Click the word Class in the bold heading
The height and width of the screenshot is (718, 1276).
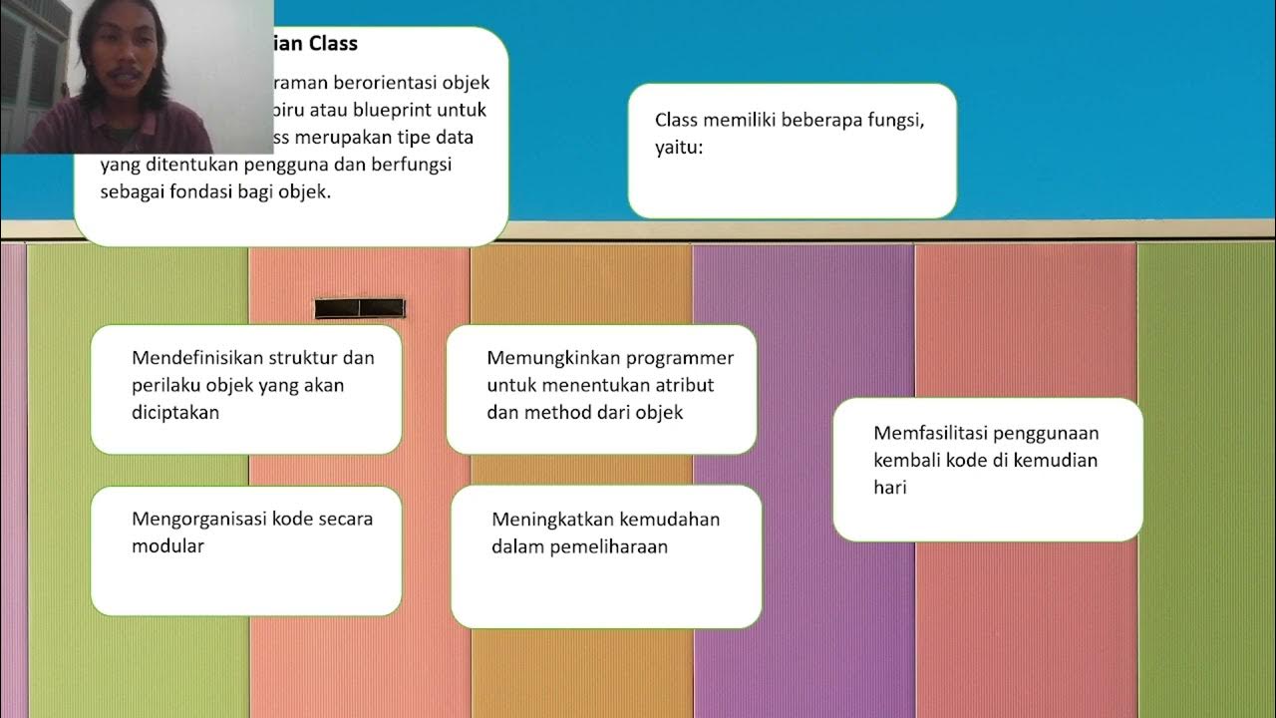[x=333, y=44]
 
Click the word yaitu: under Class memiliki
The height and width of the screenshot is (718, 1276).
[x=680, y=148]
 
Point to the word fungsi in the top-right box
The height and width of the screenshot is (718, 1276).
[x=896, y=120]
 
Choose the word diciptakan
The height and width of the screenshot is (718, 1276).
[x=175, y=412]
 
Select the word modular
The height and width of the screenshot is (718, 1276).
[x=167, y=545]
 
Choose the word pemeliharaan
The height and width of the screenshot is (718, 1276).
[x=608, y=546]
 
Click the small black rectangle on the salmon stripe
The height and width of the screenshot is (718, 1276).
[x=360, y=308]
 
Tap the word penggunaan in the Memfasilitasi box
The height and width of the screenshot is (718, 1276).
[x=1044, y=433]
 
